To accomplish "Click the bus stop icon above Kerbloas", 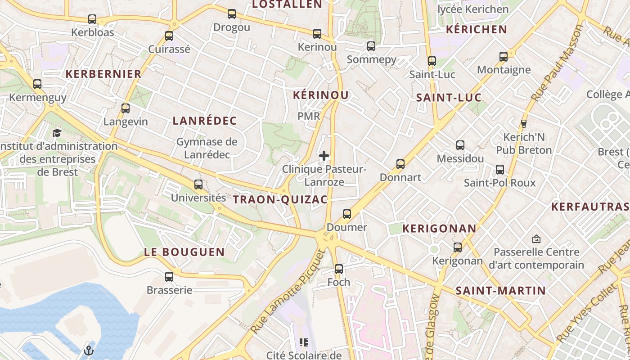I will click(x=92, y=19).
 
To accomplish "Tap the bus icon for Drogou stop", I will click(x=232, y=14).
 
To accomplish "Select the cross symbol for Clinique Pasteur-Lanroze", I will click(x=324, y=156).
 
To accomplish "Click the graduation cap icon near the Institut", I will click(x=57, y=133).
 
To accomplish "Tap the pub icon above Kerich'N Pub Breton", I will click(x=523, y=123).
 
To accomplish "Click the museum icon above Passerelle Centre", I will click(x=536, y=238).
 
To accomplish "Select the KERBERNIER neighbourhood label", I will click(x=104, y=74).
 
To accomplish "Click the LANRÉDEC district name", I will click(x=205, y=121).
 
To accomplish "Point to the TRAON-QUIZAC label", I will click(x=280, y=199).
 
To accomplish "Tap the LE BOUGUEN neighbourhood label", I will click(x=184, y=252).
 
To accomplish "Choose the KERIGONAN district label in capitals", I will click(x=439, y=228).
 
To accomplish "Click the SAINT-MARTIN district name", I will click(x=501, y=291).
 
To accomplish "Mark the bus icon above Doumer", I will click(x=347, y=214).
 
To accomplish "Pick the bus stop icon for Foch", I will click(x=339, y=269).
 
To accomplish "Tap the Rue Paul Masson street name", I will click(x=557, y=63).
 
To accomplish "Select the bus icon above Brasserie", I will click(x=169, y=277).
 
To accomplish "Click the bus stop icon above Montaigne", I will click(x=504, y=57).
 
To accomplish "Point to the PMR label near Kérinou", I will click(x=309, y=116).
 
